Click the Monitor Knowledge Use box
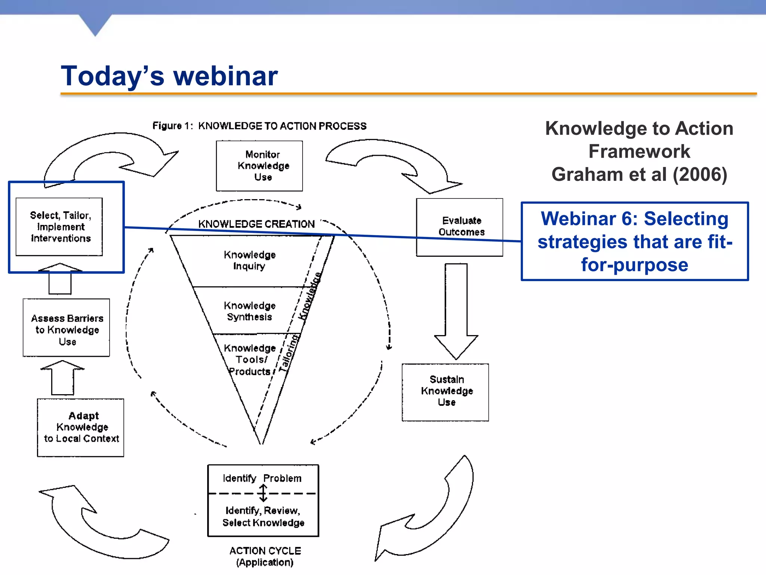point(259,166)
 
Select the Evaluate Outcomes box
point(459,227)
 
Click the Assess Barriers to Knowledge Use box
point(66,328)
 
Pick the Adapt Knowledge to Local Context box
point(80,428)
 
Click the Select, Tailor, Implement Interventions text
point(60,227)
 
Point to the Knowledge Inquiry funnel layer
point(249,261)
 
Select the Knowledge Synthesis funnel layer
point(249,311)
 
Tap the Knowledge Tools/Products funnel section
point(249,360)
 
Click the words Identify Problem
point(262,478)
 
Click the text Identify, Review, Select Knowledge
point(263,517)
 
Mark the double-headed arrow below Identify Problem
point(263,493)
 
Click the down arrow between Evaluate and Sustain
point(456,311)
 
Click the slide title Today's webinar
point(169,76)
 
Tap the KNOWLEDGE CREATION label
point(256,224)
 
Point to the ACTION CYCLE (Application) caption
point(265,557)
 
